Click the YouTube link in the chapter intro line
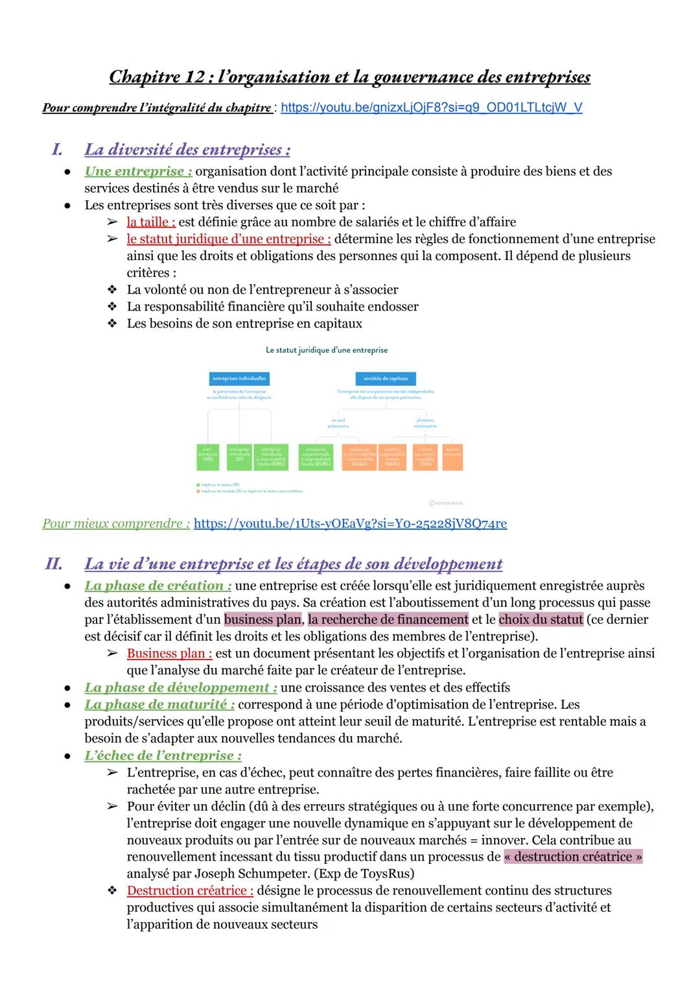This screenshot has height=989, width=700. click(431, 108)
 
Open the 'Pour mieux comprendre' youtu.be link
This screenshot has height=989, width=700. click(350, 523)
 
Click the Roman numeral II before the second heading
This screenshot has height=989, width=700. click(54, 564)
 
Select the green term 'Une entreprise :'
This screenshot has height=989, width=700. click(138, 171)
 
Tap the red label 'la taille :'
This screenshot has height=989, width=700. click(151, 222)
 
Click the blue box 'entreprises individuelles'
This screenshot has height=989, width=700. click(239, 378)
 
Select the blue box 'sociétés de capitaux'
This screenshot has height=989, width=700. click(386, 378)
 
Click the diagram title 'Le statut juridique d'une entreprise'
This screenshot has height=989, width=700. click(327, 350)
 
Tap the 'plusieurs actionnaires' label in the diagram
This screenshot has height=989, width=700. click(425, 423)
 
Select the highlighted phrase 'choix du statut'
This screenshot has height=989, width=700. click(541, 619)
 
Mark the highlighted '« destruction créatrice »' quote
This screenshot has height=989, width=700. click(573, 857)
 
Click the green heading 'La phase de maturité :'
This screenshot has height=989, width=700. click(159, 704)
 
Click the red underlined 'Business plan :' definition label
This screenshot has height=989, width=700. click(169, 653)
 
